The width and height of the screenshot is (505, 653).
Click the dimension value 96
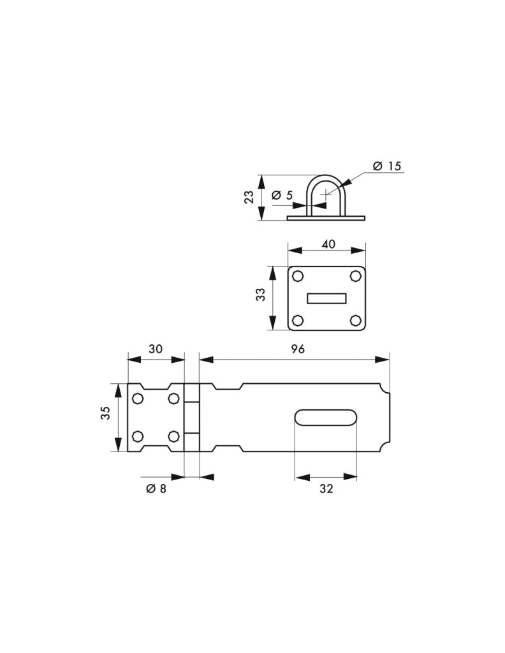pyautogui.click(x=298, y=349)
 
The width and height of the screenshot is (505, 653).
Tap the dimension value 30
pyautogui.click(x=156, y=349)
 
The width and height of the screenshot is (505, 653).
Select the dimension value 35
pyautogui.click(x=105, y=413)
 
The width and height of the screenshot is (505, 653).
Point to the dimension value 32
pyautogui.click(x=326, y=488)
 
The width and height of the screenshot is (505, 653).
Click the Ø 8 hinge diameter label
pyautogui.click(x=156, y=488)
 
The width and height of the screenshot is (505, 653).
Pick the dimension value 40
pyautogui.click(x=328, y=244)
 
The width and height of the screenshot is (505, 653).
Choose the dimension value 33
pyautogui.click(x=260, y=295)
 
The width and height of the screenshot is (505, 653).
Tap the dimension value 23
pyautogui.click(x=249, y=197)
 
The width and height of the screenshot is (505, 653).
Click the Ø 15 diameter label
pyautogui.click(x=387, y=166)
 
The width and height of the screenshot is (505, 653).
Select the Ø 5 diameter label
pyautogui.click(x=282, y=195)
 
